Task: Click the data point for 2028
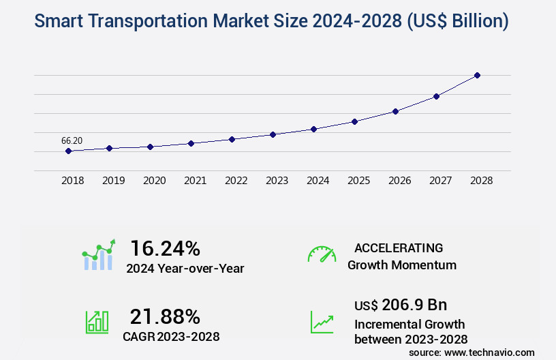(477, 75)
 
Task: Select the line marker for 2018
(68, 151)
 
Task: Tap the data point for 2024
(313, 129)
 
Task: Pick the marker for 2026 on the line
(395, 111)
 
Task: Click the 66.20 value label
(72, 140)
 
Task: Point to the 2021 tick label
(195, 181)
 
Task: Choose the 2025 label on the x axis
(358, 181)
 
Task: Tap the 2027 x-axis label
(440, 181)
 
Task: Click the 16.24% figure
(165, 247)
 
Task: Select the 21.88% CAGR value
(165, 316)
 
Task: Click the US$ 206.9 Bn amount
(401, 304)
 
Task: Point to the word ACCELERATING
(399, 247)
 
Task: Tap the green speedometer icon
(322, 254)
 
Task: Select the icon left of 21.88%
(97, 321)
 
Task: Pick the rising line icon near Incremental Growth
(322, 321)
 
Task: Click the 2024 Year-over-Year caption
(185, 268)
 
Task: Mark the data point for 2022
(232, 139)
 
